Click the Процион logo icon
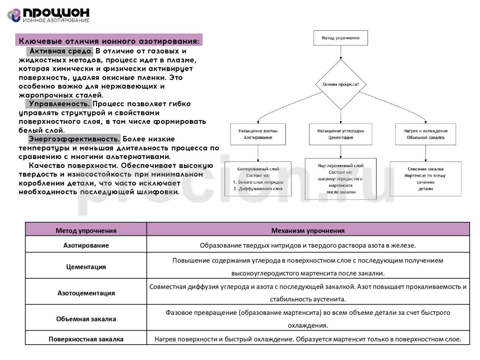(14, 15)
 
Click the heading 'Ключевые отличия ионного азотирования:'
(109, 40)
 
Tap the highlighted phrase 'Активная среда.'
(60, 51)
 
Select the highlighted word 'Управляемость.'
(59, 104)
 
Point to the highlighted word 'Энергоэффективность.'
(74, 139)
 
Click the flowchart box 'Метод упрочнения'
(340, 38)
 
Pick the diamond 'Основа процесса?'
(340, 84)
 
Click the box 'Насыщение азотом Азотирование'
(258, 134)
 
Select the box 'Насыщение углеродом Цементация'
(340, 134)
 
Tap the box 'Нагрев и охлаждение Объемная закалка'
(426, 134)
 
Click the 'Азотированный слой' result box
(258, 179)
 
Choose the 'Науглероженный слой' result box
(340, 179)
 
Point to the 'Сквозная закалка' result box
(426, 179)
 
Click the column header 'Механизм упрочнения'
(308, 231)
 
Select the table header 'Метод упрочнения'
(86, 231)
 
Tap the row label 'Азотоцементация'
(86, 293)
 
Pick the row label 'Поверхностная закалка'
(86, 339)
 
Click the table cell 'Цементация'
(86, 267)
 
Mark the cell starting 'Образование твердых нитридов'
(308, 246)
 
